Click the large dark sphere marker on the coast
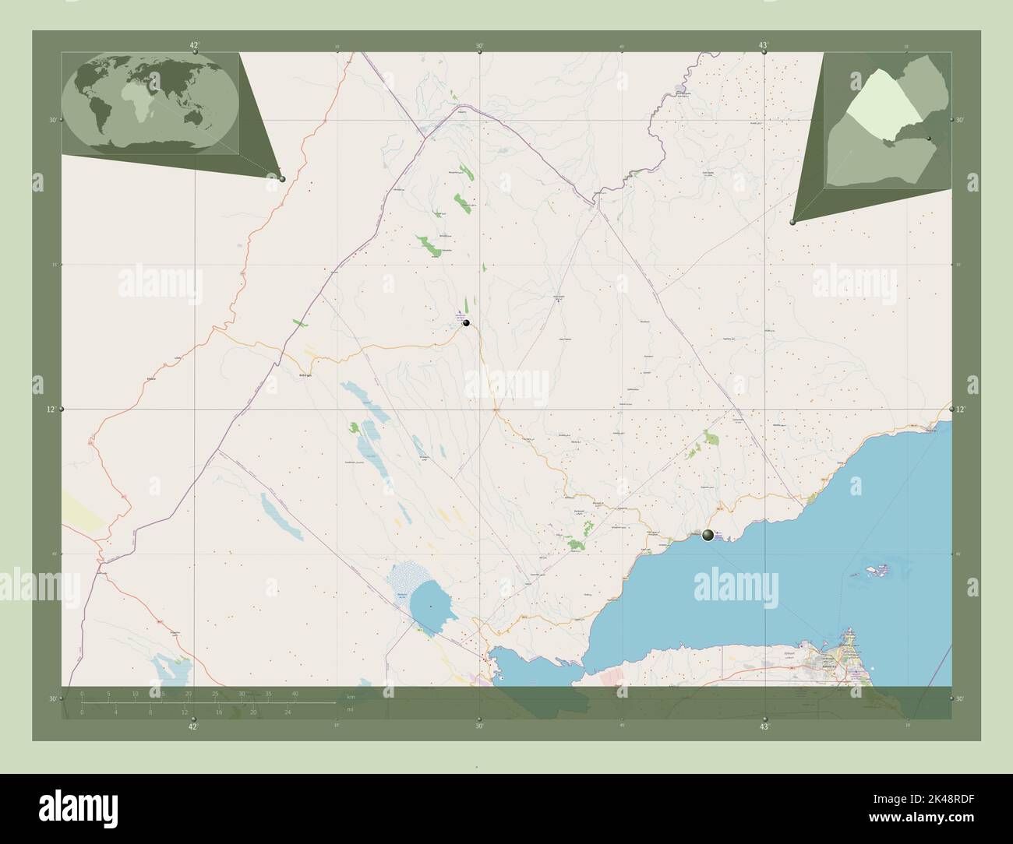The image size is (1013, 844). (708, 535)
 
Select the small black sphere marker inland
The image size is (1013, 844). (466, 322)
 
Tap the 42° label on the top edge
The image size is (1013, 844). (194, 45)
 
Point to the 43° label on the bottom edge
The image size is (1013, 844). (765, 726)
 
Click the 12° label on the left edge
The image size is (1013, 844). (51, 409)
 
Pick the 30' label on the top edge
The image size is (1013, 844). (479, 45)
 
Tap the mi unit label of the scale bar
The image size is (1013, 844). (351, 709)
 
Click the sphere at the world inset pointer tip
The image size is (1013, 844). (282, 178)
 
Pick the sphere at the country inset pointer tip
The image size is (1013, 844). (792, 222)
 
